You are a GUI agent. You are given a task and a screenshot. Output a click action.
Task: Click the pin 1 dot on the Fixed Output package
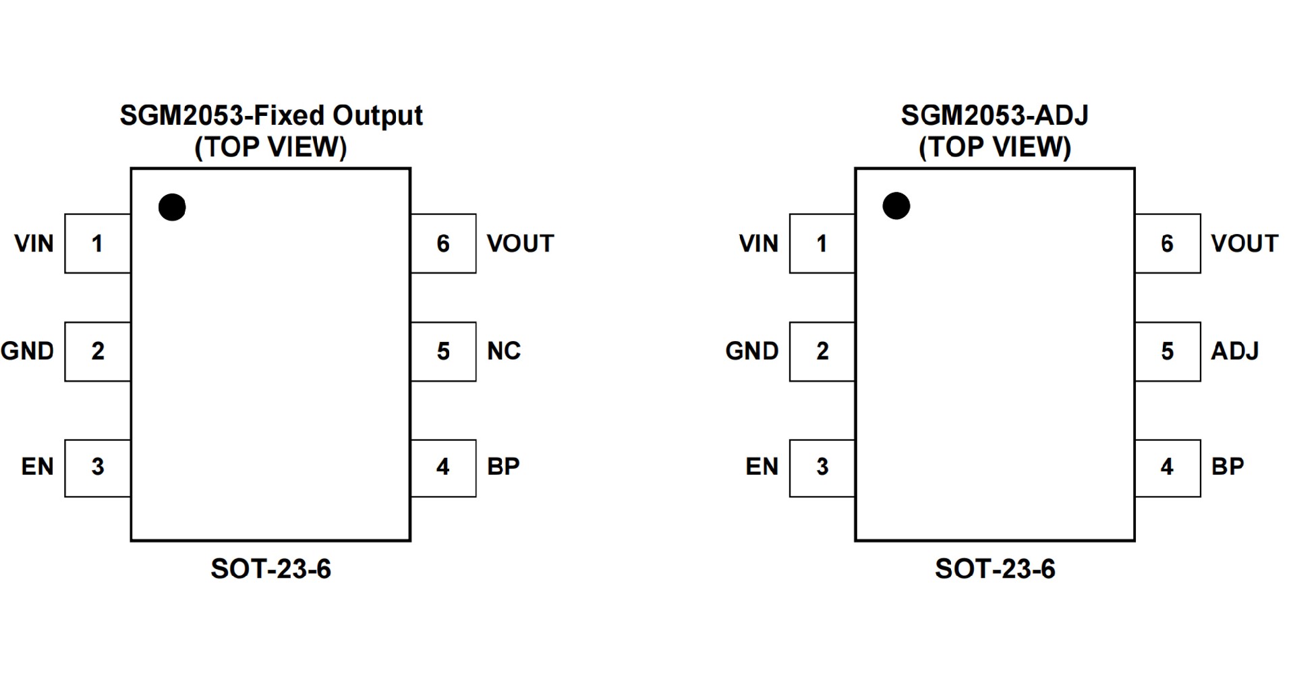pos(172,207)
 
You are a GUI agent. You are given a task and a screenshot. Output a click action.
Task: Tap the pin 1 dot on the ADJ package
pos(896,206)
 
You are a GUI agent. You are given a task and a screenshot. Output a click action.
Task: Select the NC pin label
pos(504,351)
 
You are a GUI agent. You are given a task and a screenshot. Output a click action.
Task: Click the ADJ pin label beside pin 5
pos(1235,351)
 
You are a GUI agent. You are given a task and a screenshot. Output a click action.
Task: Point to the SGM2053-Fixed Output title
pos(271,115)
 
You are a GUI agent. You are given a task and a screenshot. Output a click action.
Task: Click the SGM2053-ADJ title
pos(995,115)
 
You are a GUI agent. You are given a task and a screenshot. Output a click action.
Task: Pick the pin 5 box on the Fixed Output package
pos(443,351)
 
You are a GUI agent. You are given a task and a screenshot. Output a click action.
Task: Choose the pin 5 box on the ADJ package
pos(1168,351)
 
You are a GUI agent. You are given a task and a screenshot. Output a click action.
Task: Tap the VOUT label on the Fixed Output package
pos(520,243)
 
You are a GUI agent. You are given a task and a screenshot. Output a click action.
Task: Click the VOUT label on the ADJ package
pos(1244,243)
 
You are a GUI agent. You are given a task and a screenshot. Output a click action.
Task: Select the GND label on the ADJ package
pos(752,351)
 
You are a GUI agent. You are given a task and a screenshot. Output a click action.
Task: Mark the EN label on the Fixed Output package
pos(37,467)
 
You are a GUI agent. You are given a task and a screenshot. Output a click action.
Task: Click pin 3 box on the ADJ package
pos(822,468)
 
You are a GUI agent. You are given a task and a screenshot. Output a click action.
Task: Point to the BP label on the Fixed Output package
pos(503,467)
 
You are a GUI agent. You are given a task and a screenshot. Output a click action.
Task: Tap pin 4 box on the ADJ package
pos(1168,468)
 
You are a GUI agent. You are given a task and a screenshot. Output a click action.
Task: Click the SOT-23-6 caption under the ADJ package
pos(995,569)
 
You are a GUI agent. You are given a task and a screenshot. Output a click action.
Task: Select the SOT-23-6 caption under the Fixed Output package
pos(271,569)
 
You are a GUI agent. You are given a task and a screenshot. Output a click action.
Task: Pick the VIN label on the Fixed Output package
pos(34,243)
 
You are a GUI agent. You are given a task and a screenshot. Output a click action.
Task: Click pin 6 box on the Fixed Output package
pos(443,243)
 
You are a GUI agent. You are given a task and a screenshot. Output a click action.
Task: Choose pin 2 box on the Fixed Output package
pos(98,351)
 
